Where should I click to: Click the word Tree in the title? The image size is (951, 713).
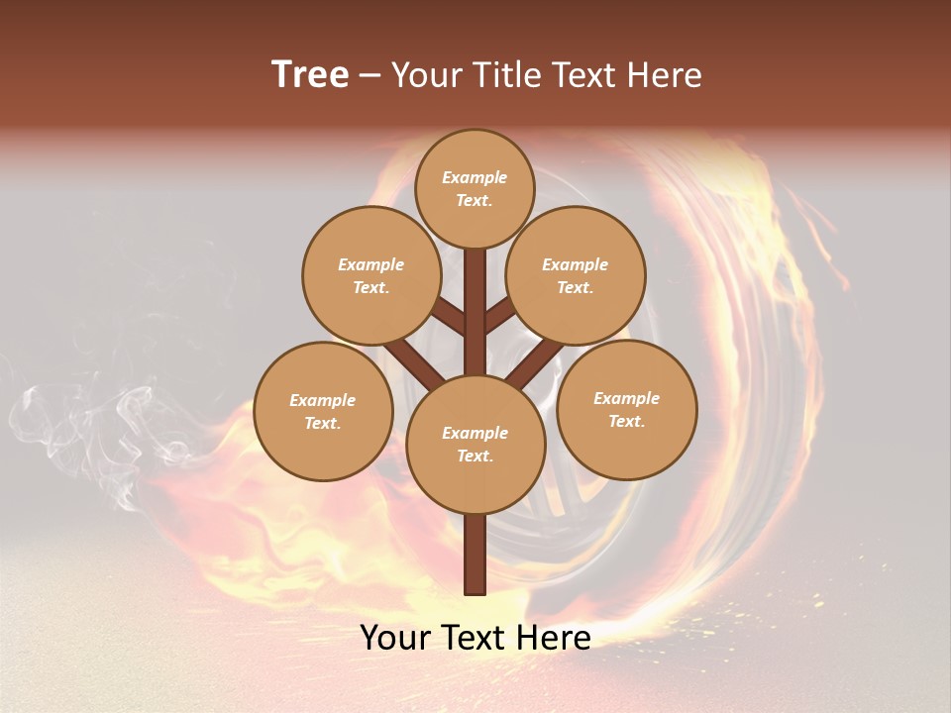coord(310,75)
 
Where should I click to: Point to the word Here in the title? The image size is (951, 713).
coord(665,75)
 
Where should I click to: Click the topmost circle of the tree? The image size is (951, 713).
coord(475,188)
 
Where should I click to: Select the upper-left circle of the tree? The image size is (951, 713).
coord(371,275)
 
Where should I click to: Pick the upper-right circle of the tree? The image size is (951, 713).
coord(576,275)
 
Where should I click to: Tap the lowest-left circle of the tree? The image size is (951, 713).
coord(323,411)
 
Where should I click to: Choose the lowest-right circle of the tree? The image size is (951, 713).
coord(627,409)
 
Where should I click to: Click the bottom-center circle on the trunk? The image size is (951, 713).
coord(475,445)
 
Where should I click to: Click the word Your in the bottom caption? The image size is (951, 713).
coord(395,638)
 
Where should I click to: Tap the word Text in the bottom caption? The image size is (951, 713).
coord(474,638)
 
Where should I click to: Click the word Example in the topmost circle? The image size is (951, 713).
coord(475,177)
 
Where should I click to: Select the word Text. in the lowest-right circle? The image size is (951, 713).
coord(626,421)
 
